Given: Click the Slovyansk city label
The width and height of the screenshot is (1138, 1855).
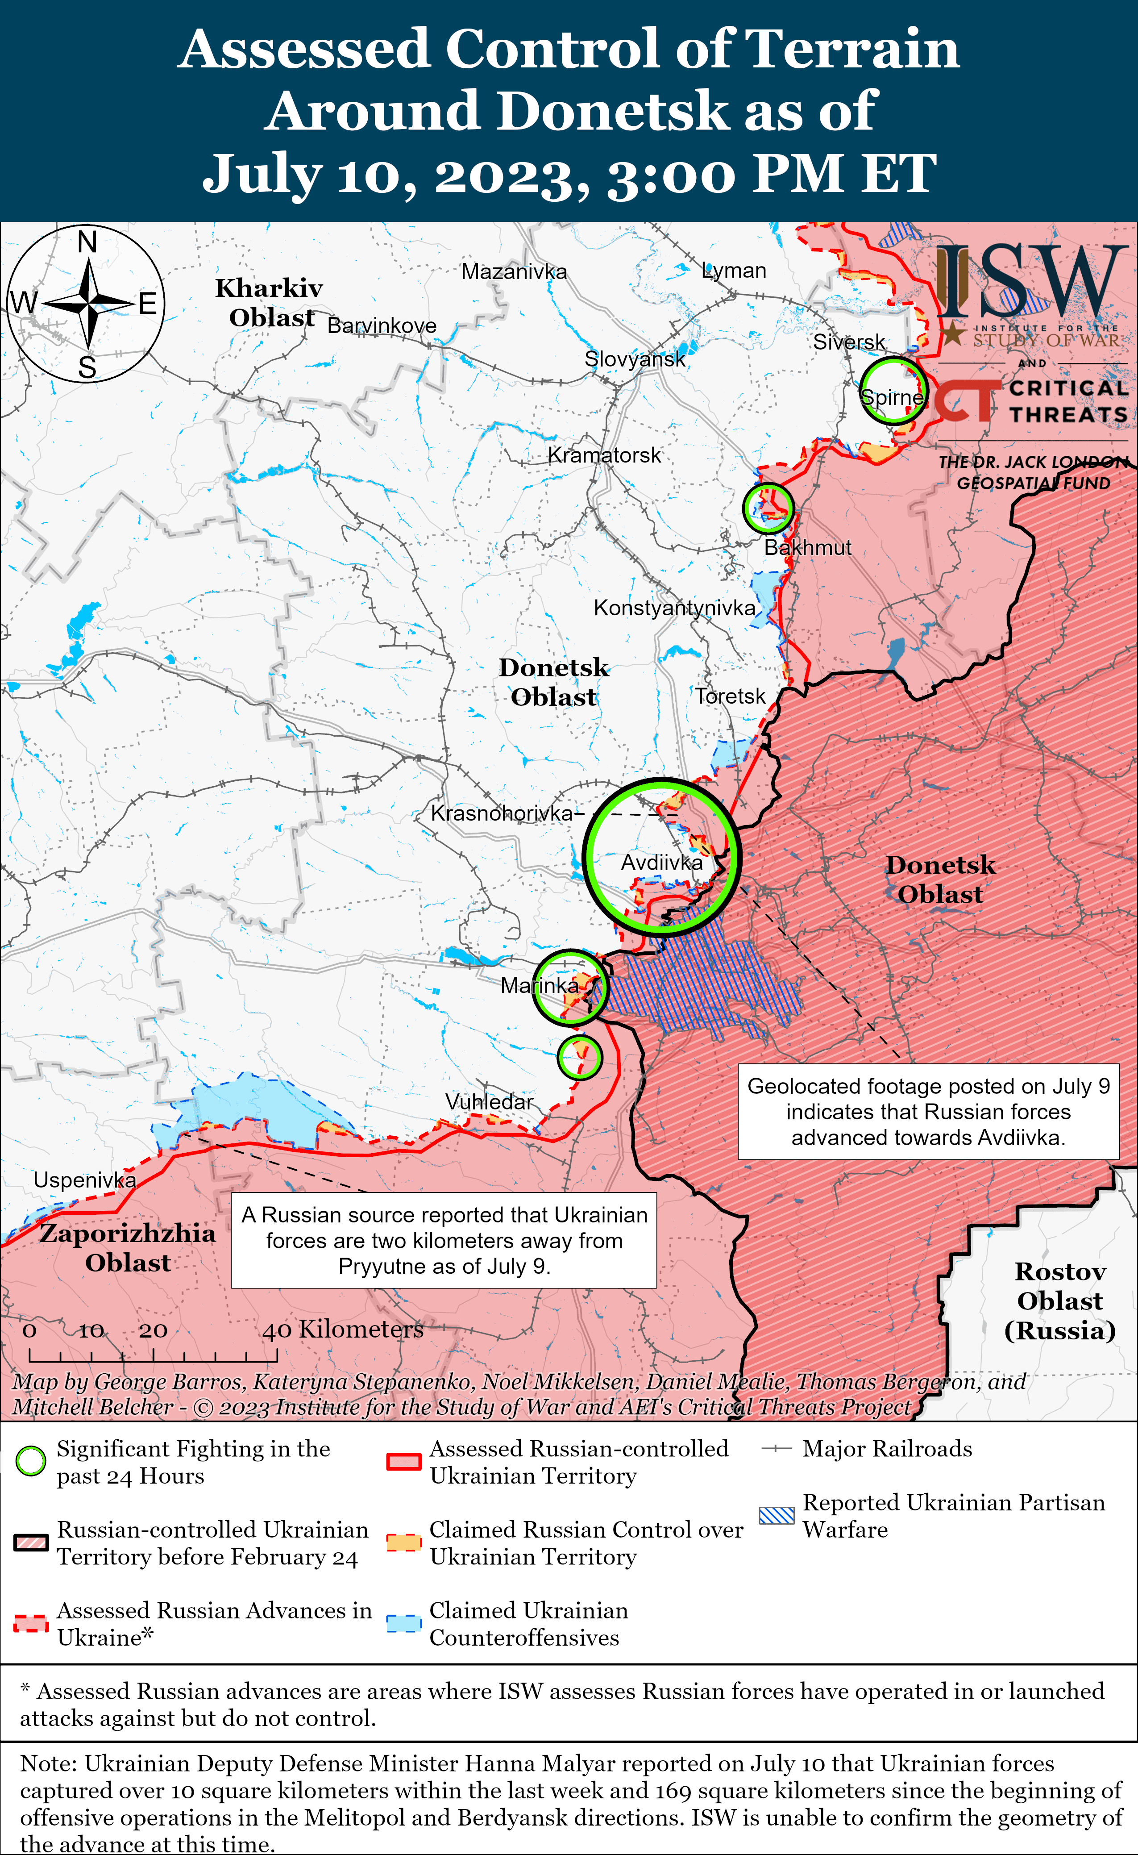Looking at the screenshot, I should point(635,359).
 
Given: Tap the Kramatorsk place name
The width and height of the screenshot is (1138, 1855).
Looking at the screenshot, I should point(604,455).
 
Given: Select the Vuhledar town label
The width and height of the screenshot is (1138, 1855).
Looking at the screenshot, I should point(489,1101).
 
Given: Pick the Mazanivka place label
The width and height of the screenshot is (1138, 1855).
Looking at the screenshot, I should point(514,272).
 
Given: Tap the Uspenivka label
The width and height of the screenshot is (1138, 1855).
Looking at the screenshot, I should point(84,1180).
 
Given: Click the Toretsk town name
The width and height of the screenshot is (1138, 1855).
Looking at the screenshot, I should point(729,696).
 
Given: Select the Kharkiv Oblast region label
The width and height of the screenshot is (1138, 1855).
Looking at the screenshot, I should point(270,303).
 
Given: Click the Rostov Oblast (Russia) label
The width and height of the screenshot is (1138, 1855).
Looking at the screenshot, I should point(1060,1301).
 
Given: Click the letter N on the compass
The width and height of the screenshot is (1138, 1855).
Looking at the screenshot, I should point(87,242).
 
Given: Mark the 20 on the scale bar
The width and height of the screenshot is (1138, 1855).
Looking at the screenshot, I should point(153,1330).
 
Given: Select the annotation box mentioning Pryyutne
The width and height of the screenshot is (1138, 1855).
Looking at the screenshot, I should point(444,1240).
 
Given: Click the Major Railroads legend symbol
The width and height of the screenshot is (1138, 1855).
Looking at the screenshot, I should point(777,1448).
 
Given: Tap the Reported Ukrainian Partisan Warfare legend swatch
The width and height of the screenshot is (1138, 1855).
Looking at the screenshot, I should point(777,1515).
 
